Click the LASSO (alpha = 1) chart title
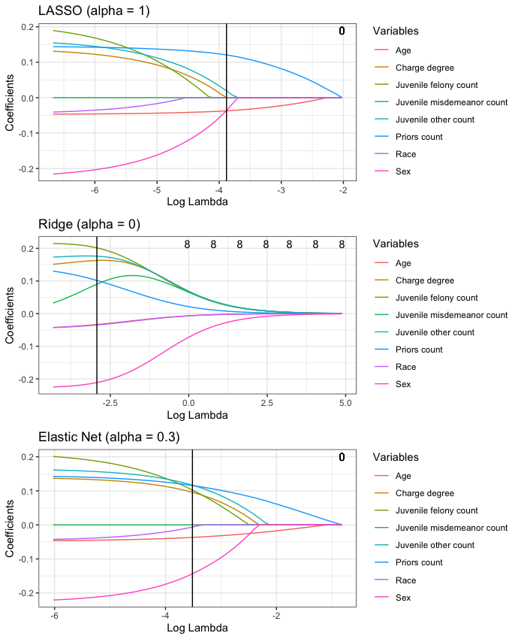click(85, 11)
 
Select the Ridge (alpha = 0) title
click(89, 224)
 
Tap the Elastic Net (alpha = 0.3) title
click(108, 437)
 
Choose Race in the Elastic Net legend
click(404, 580)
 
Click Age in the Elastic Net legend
click(402, 476)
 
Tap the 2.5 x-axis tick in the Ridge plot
click(266, 404)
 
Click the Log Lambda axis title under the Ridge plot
click(197, 415)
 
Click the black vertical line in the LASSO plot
click(227, 98)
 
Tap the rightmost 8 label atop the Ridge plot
click(342, 244)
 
